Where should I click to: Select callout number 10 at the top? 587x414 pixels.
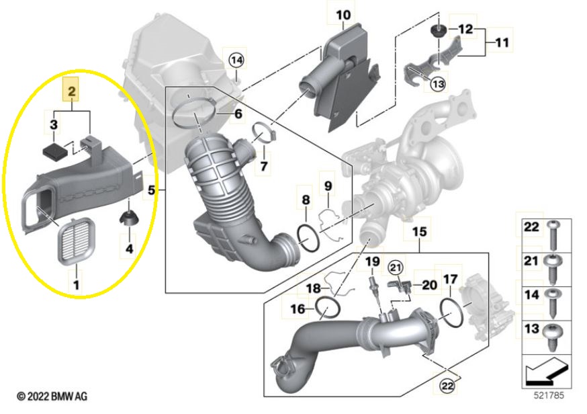tap(343, 14)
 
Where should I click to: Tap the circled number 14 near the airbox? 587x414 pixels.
tap(236, 60)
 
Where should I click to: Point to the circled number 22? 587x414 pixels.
tap(446, 385)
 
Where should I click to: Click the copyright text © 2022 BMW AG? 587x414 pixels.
tap(52, 397)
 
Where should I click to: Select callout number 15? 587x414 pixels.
tap(418, 233)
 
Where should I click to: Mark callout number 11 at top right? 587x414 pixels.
tap(501, 43)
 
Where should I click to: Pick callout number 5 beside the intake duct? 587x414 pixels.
tap(152, 190)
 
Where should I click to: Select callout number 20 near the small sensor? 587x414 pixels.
tap(428, 285)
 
